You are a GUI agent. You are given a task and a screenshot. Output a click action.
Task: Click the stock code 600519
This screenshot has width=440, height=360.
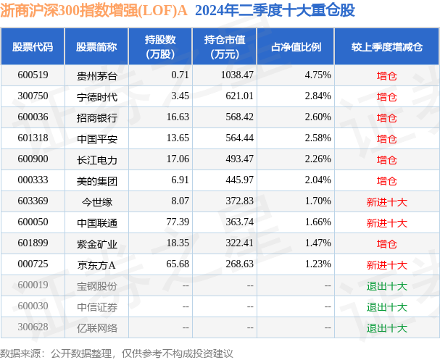(32, 75)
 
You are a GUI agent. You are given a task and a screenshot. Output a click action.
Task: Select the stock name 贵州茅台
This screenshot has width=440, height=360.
(96, 75)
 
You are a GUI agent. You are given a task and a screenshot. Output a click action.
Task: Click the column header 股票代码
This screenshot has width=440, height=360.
(33, 47)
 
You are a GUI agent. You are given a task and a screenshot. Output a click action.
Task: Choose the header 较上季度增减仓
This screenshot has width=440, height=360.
(386, 47)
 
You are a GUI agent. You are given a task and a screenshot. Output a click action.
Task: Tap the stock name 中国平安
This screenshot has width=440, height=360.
(96, 138)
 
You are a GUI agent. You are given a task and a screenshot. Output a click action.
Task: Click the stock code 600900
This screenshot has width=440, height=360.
(32, 159)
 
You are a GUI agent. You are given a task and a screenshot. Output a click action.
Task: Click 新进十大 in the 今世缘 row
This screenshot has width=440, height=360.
(386, 201)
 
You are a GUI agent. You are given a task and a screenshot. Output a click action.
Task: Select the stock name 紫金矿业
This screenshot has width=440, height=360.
(96, 243)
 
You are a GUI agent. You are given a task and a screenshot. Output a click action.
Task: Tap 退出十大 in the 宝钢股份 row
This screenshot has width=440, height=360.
(386, 285)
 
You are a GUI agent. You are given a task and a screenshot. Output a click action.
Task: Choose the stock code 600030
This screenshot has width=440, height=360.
(32, 306)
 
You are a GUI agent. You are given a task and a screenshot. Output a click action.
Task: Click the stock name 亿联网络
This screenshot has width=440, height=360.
(96, 328)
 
